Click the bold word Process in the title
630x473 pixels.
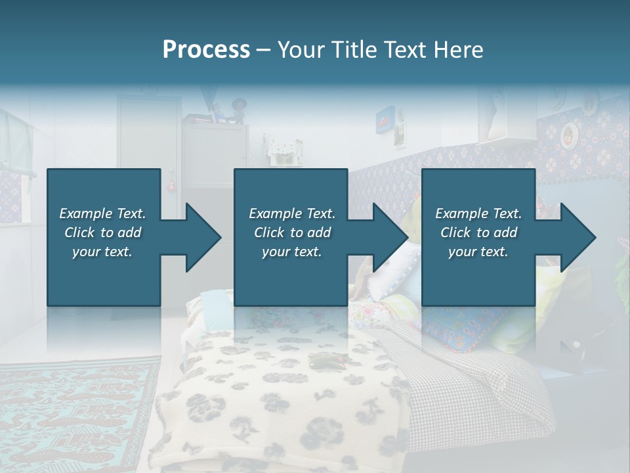tap(206, 50)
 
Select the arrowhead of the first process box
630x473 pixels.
tap(202, 238)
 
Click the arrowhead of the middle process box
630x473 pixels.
tap(390, 238)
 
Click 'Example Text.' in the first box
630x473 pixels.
tap(102, 214)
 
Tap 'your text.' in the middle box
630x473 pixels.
tap(291, 252)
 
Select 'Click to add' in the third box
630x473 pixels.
tap(478, 233)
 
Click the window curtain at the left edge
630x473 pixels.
tap(14, 145)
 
